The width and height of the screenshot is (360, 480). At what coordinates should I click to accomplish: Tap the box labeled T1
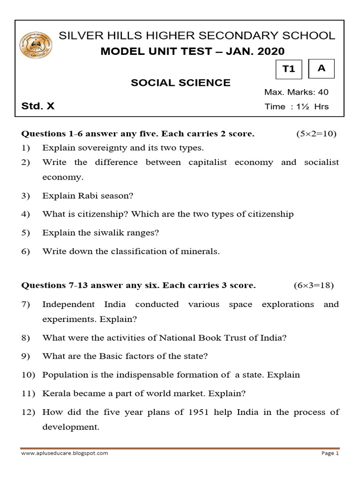(289, 69)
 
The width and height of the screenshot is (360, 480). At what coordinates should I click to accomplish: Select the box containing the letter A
(322, 68)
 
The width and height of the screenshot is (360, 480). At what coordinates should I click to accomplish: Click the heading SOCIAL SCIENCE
(180, 83)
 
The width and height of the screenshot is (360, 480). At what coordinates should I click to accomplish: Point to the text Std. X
(38, 106)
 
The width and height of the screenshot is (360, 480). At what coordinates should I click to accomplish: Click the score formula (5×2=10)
(316, 134)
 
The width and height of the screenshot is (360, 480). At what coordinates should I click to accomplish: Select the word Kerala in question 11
(55, 394)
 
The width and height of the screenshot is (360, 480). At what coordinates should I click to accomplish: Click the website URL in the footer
(65, 453)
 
